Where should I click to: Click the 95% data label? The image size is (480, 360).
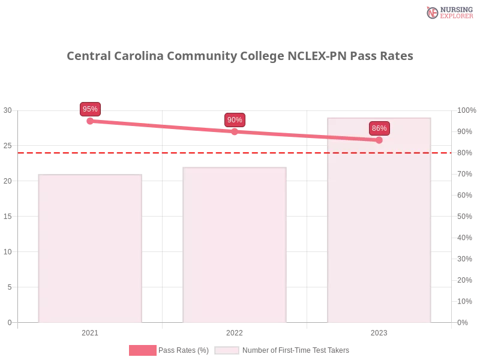[x=90, y=109]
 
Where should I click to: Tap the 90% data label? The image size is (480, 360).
[x=235, y=120]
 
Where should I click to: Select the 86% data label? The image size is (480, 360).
[x=379, y=128]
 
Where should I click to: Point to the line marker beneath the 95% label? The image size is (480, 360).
[x=90, y=121]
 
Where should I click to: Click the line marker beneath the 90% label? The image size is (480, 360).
[x=235, y=131]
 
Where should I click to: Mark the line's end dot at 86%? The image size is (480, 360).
[x=379, y=140]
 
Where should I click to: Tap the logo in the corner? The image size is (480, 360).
[x=448, y=12]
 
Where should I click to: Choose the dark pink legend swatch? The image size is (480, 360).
[x=142, y=350]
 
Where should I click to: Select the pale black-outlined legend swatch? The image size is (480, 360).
[x=227, y=350]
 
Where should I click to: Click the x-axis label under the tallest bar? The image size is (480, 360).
[x=379, y=331]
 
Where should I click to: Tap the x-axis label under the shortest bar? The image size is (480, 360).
[x=91, y=331]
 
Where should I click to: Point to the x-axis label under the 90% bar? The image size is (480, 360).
[x=235, y=331]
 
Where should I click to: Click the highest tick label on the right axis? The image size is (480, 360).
[x=465, y=110]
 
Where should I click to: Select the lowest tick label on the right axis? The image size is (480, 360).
[x=463, y=322]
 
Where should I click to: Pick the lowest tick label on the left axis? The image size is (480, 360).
[x=9, y=322]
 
